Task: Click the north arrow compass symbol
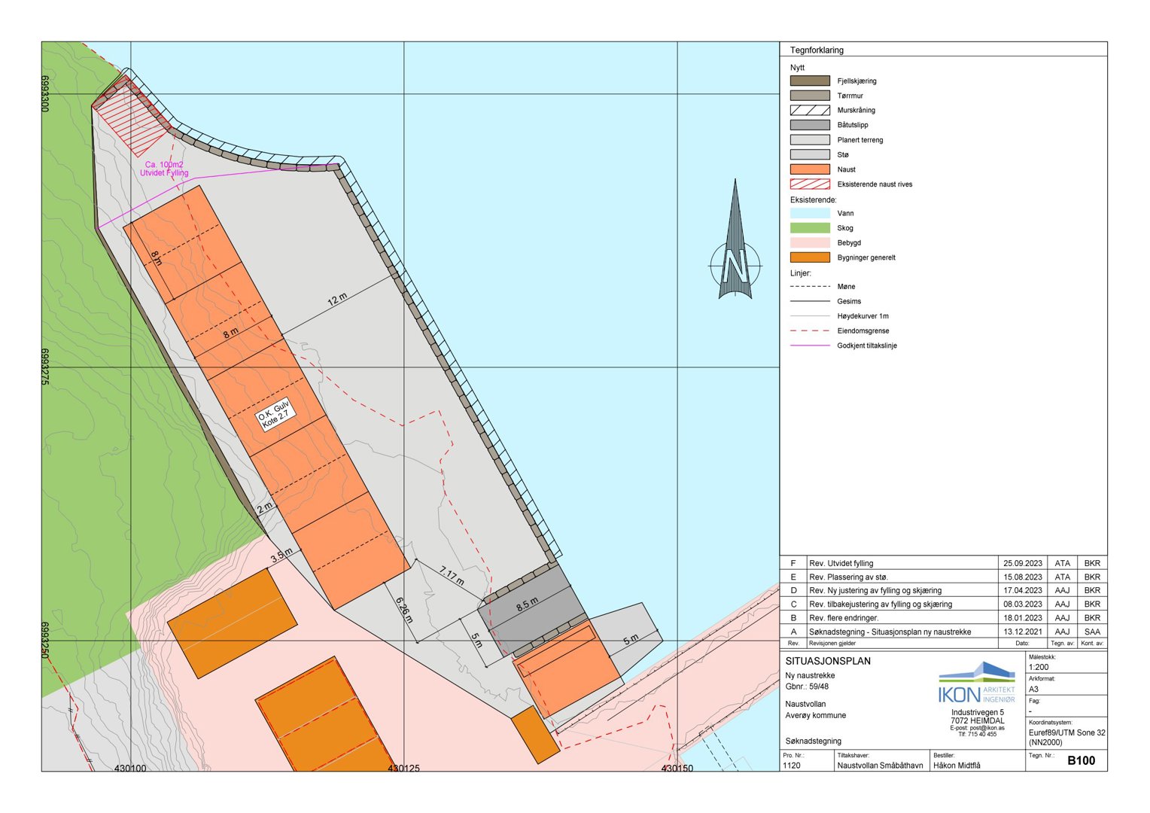tap(735, 248)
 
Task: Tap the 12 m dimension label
tap(337, 299)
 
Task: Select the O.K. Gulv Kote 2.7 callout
tap(274, 415)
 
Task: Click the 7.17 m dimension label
tap(452, 577)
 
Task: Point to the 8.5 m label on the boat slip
tap(527, 604)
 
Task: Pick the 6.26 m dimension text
tap(404, 611)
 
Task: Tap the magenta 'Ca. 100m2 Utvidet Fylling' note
tap(164, 169)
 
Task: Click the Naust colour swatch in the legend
tap(810, 169)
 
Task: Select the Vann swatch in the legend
tap(810, 213)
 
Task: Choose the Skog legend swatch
tap(810, 228)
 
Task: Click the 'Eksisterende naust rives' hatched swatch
tap(810, 184)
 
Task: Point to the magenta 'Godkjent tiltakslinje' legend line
tap(810, 346)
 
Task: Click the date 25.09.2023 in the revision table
tap(1023, 563)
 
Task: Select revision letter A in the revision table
tap(793, 632)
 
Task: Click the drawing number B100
tap(1081, 760)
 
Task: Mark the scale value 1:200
tap(1039, 667)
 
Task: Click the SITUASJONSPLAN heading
tap(828, 661)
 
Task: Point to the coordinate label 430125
tap(404, 769)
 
